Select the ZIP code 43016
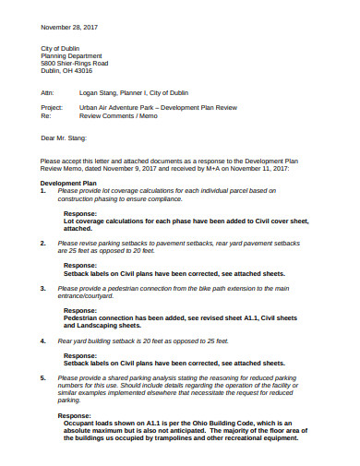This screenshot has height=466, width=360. pos(82,71)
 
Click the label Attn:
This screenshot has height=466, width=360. pos(47,93)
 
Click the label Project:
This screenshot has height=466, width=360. pos(51,108)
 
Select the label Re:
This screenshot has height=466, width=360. pos(44,116)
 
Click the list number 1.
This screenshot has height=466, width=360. pos(42,191)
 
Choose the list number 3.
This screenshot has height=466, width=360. pos(42,288)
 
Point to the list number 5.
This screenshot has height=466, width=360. pos(42,378)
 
